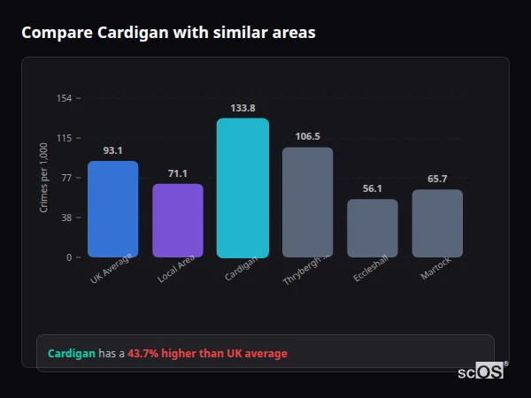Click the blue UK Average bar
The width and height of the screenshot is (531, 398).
pyautogui.click(x=112, y=210)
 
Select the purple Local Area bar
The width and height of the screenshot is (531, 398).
pyautogui.click(x=178, y=221)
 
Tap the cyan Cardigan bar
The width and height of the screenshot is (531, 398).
pyautogui.click(x=242, y=188)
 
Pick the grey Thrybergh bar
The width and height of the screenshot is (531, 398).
pyautogui.click(x=307, y=203)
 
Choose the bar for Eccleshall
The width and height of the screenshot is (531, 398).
pyautogui.click(x=373, y=228)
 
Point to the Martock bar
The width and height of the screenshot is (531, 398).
pyautogui.click(x=437, y=224)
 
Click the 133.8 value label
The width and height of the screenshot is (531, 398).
pyautogui.click(x=242, y=108)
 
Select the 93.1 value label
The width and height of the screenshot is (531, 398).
pyautogui.click(x=112, y=150)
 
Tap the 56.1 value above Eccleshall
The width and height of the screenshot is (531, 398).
pyautogui.click(x=373, y=188)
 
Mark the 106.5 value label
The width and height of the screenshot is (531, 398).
pyautogui.click(x=307, y=136)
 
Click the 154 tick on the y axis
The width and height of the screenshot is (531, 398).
pyautogui.click(x=64, y=98)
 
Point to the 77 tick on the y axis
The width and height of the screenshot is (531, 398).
pyautogui.click(x=65, y=178)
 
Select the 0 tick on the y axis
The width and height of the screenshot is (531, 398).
pyautogui.click(x=68, y=257)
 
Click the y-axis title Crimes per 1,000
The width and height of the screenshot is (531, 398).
pyautogui.click(x=44, y=178)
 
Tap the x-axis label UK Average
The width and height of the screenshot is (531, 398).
pyautogui.click(x=112, y=270)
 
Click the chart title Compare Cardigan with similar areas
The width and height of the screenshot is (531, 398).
pyautogui.click(x=168, y=33)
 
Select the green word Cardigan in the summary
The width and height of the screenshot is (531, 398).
pyautogui.click(x=71, y=354)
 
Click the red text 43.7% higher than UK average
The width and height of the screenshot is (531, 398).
pyautogui.click(x=207, y=354)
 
